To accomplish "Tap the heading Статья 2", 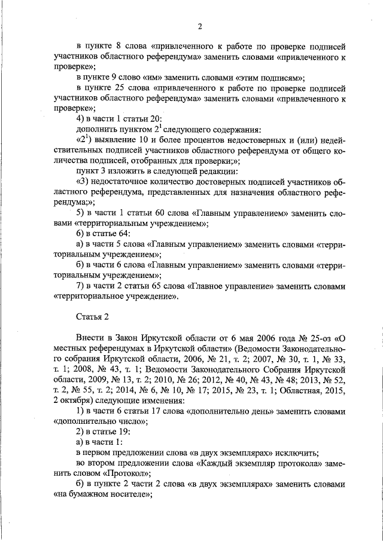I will click(93, 315).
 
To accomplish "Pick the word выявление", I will click(117, 139).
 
